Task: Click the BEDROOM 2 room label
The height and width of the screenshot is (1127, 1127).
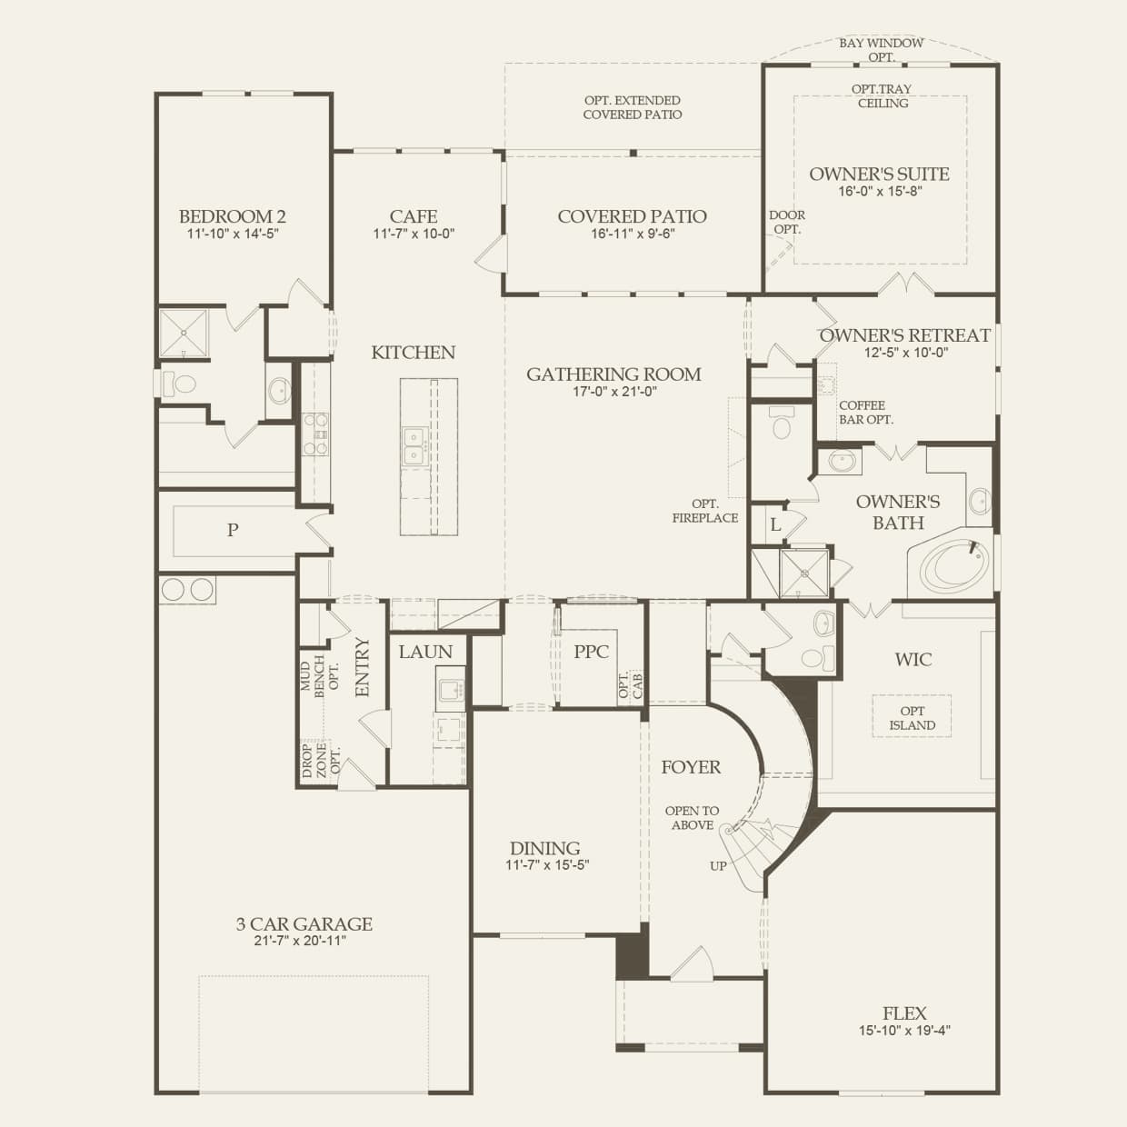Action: pos(232,216)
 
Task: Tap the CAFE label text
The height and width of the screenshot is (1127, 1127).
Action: pos(414,216)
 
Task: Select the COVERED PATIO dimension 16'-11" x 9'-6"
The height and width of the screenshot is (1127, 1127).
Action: pos(633,234)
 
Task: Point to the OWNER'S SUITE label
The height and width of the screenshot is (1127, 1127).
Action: pos(879,174)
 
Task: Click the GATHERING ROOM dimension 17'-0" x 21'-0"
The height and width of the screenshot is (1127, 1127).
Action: pos(614,392)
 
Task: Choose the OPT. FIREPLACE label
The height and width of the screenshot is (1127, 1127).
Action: pos(704,511)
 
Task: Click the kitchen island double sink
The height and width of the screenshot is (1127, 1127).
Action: pos(414,445)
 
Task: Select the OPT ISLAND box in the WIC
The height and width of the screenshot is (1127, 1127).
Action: pos(912,717)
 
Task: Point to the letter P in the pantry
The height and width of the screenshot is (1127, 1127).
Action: pos(233,530)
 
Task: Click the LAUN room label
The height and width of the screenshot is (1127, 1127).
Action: pos(425,652)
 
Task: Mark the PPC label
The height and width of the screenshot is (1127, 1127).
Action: pos(591,652)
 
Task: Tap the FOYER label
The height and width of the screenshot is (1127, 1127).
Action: pos(691,767)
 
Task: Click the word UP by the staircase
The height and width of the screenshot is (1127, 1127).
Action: pos(718,866)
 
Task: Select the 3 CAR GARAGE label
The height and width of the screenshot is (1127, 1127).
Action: pos(304,924)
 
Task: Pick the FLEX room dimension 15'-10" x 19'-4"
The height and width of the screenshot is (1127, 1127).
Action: pos(904,1031)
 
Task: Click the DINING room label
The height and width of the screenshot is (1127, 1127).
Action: pos(545,848)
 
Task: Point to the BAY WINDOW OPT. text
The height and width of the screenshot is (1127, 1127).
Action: pos(881,50)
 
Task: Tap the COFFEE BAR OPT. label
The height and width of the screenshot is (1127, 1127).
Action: pos(865,413)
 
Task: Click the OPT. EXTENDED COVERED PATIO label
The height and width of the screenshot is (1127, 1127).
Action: pos(633,107)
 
